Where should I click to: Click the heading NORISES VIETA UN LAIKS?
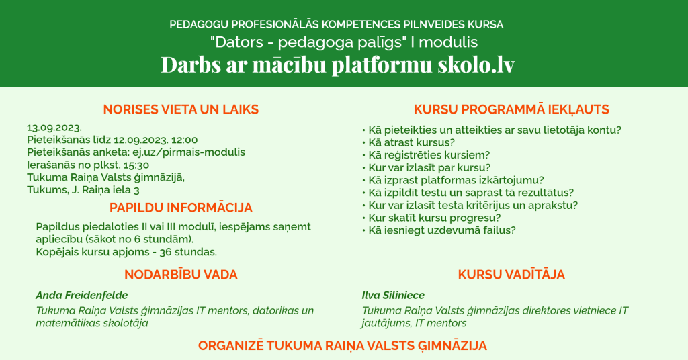(181, 109)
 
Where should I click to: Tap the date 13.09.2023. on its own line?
(54, 128)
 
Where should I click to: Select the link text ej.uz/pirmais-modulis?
(189, 152)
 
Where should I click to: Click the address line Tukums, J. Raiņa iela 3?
(83, 190)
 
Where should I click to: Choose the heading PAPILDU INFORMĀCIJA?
(181, 208)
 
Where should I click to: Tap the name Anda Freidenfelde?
(81, 295)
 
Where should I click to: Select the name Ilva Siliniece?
(393, 295)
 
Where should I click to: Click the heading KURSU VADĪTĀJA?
(511, 275)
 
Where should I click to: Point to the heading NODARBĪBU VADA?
(181, 275)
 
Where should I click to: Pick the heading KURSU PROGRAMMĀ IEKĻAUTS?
(511, 109)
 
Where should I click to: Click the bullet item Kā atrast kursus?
(412, 142)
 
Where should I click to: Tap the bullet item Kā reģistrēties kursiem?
(429, 155)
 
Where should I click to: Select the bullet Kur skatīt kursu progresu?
(435, 218)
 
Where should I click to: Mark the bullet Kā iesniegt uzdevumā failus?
(442, 230)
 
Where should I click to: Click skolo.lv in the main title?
(476, 64)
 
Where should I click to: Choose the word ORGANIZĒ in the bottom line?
(231, 345)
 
